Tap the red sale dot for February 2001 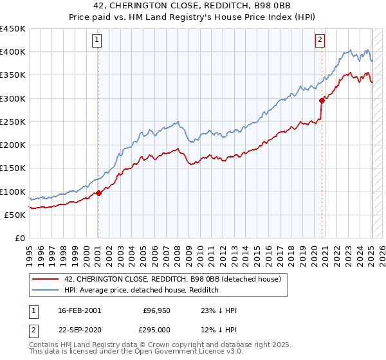(98, 193)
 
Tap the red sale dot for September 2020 (322, 100)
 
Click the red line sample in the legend (46, 280)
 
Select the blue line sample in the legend (46, 291)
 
